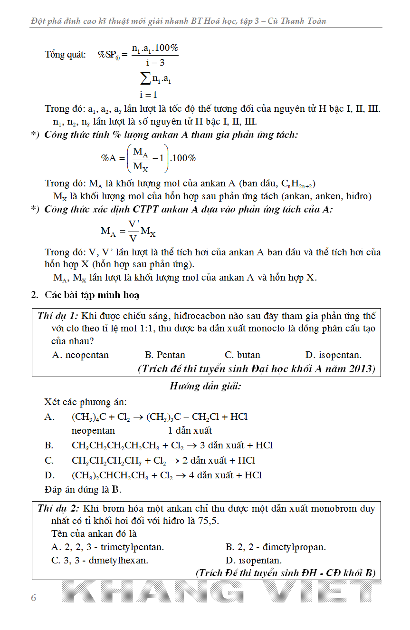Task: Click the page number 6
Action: click(33, 598)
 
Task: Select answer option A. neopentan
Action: click(80, 355)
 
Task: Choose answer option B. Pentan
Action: click(165, 355)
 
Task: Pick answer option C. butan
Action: click(242, 355)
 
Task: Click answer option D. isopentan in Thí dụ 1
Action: click(333, 355)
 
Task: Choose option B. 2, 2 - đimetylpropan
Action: click(276, 547)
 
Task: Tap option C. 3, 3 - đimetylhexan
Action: click(100, 561)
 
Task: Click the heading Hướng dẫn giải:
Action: click(206, 387)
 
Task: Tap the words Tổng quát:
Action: click(65, 55)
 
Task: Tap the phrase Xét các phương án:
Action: click(86, 402)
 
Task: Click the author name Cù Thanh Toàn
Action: click(297, 21)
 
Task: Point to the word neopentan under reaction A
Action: click(93, 431)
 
